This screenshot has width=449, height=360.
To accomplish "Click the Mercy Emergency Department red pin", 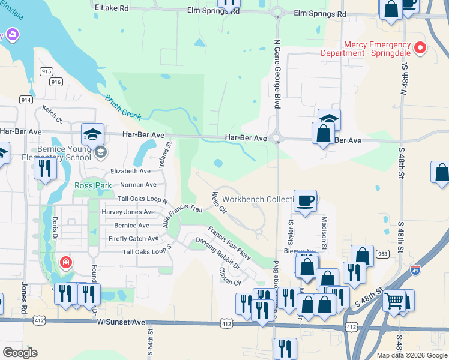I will pos(420,48).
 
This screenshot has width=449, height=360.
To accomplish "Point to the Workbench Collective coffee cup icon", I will pos(306,201).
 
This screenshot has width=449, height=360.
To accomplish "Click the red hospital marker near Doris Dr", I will pos(65,263).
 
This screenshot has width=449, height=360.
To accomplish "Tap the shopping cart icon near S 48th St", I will pos(394,301).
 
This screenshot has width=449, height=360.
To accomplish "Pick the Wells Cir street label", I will pos(218,203).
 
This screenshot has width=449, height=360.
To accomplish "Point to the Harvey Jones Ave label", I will pos(128,212).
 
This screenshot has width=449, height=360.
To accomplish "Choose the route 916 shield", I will pos(56,82).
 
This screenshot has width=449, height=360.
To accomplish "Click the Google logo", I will pos(20,353).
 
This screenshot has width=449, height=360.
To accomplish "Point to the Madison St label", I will pos(324,233).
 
